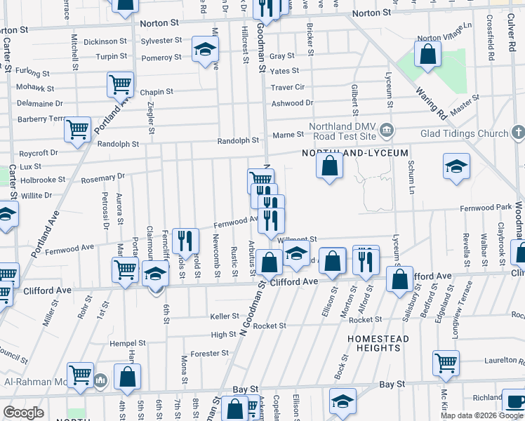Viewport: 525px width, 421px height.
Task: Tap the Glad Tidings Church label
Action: (x=464, y=133)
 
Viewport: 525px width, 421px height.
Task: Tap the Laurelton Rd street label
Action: (x=503, y=361)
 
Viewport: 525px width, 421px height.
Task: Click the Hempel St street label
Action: (x=127, y=344)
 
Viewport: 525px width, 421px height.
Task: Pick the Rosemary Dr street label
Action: (x=102, y=178)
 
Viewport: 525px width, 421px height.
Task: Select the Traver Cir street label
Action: (x=288, y=87)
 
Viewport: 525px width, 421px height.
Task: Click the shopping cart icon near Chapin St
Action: (x=120, y=85)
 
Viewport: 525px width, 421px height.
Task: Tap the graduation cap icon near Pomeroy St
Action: (x=205, y=49)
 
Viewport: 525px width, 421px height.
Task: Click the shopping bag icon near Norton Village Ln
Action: (x=427, y=54)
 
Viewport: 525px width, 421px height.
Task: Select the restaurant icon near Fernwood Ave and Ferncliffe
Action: (x=182, y=240)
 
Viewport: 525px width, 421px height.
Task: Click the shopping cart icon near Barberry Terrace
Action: (x=77, y=129)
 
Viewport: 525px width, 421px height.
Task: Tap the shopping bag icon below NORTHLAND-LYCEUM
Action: (x=329, y=166)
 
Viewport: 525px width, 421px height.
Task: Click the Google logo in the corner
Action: (x=23, y=413)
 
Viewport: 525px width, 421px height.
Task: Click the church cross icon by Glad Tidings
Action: (x=518, y=132)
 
